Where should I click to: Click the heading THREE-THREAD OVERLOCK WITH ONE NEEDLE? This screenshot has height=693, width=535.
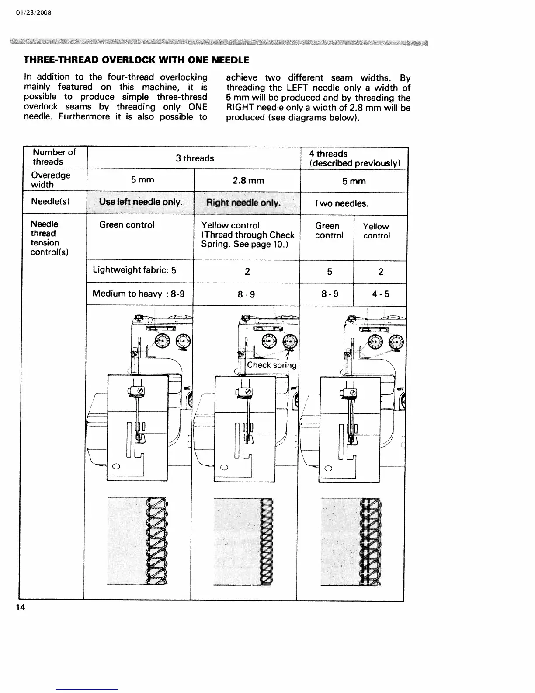(x=136, y=60)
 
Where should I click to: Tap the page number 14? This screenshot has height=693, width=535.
(x=21, y=607)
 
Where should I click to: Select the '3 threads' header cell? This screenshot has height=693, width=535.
(x=195, y=158)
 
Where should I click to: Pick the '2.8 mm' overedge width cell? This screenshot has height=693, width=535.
(x=248, y=181)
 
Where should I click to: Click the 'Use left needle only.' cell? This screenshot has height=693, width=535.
(x=140, y=202)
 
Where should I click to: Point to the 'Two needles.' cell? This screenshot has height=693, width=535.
(x=341, y=204)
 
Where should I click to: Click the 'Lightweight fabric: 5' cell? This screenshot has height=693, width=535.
(x=135, y=270)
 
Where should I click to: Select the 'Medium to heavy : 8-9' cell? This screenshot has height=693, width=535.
(x=138, y=294)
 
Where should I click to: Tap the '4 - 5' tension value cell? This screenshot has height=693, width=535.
(x=380, y=294)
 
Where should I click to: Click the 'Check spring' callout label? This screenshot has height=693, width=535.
(x=271, y=365)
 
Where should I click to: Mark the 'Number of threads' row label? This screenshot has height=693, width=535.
(x=54, y=157)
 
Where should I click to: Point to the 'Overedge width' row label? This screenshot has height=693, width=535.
(x=50, y=180)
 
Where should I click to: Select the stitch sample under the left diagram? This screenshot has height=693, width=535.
(x=138, y=542)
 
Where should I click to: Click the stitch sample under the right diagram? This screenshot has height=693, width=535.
(x=351, y=542)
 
